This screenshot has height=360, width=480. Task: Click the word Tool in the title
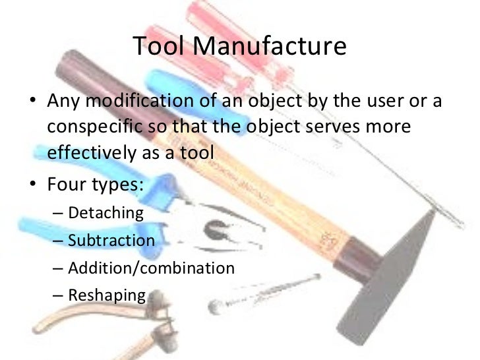click(159, 47)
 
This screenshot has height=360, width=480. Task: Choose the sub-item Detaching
click(105, 212)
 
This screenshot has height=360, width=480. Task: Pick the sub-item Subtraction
click(111, 240)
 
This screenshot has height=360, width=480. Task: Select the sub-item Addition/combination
click(151, 268)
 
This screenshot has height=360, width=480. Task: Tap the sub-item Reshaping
click(106, 295)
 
